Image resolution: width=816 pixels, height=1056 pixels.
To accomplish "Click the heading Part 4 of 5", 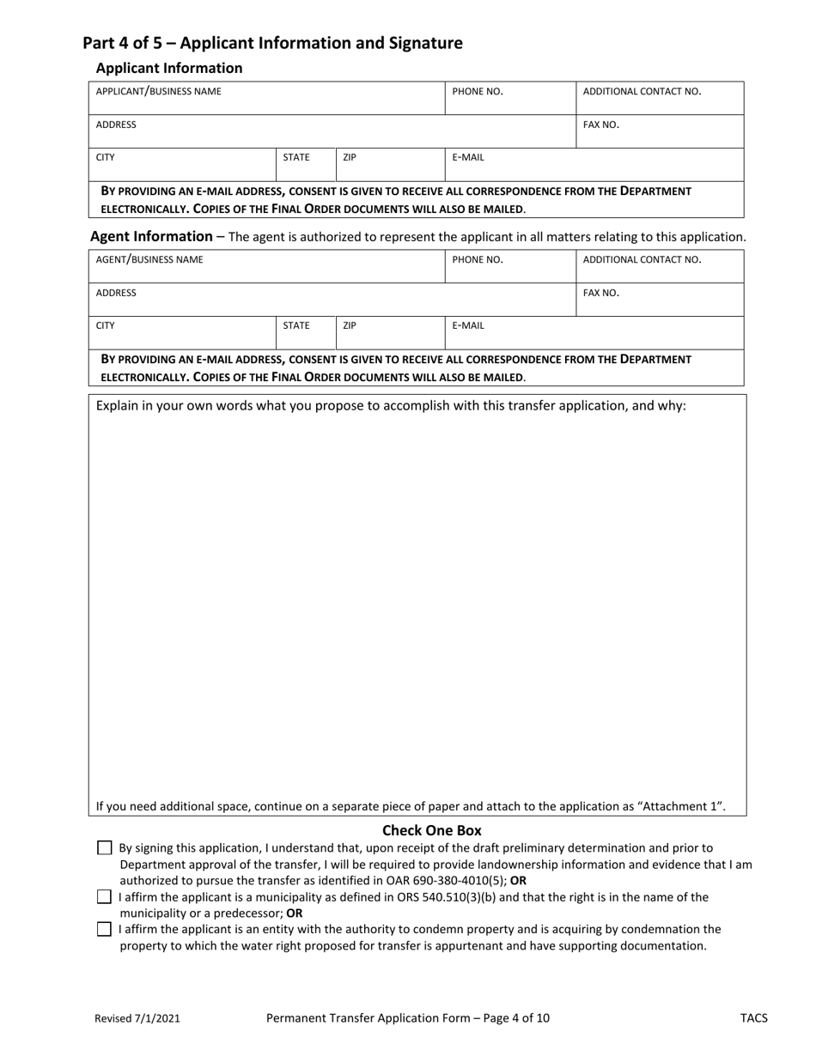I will click(272, 43).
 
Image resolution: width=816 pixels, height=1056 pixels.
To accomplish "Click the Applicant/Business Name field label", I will click(158, 91).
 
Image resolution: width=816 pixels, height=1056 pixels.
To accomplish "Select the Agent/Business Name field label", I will click(149, 259).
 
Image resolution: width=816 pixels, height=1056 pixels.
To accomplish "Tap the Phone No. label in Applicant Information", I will click(478, 91).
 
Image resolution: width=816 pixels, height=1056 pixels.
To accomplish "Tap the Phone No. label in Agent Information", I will click(478, 259).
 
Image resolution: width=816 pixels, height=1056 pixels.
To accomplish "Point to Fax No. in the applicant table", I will click(601, 124).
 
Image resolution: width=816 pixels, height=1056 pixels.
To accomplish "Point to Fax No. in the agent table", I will click(601, 293).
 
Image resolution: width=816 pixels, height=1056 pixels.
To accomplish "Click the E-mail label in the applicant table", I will click(468, 157).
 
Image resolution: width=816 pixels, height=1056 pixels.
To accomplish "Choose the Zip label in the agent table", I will click(350, 325).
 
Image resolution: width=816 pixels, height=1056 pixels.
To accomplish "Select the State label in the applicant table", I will click(296, 157).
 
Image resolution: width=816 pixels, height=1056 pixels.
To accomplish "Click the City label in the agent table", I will click(106, 325).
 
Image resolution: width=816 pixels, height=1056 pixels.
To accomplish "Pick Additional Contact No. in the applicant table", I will click(642, 91).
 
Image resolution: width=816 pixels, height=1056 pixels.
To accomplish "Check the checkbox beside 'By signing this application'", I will click(105, 848).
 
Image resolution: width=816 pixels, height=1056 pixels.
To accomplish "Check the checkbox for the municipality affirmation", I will click(105, 897).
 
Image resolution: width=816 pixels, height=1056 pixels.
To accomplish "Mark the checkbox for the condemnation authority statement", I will click(105, 929).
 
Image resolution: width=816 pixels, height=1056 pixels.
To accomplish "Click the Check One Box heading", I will click(431, 830).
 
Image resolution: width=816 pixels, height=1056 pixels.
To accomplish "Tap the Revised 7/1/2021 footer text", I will click(137, 1019).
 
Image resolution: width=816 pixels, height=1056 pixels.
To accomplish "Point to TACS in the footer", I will click(753, 1019).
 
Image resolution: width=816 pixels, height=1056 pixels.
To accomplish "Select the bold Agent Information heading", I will click(151, 236).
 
